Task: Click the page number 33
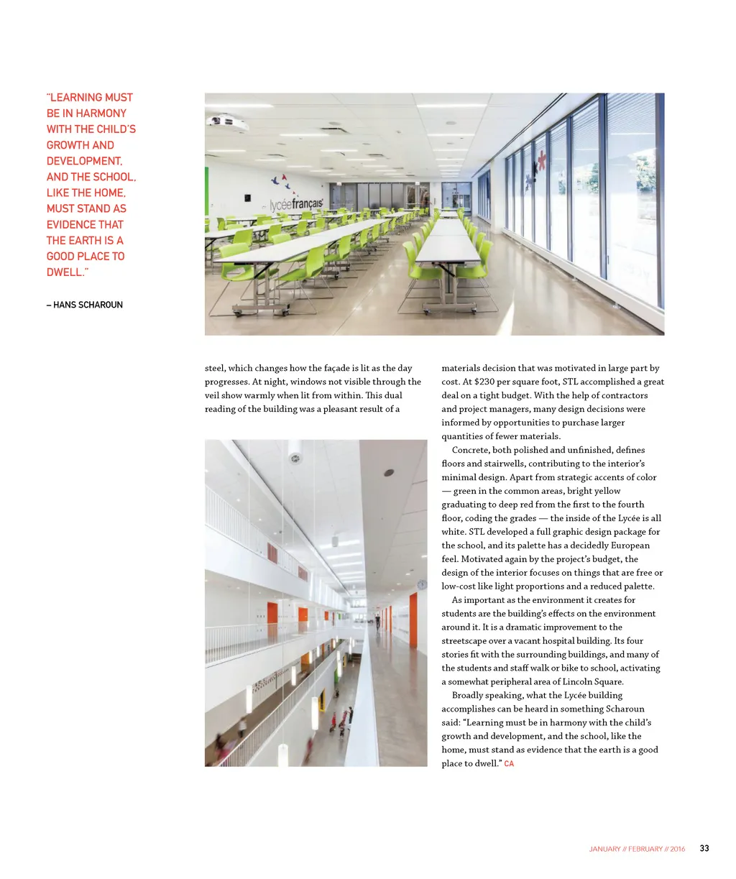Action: click(704, 848)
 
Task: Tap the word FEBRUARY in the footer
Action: click(645, 849)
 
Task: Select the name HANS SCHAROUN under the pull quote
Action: click(88, 305)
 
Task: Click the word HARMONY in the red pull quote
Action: click(101, 113)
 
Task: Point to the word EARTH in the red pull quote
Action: click(96, 240)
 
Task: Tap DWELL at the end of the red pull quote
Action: click(64, 272)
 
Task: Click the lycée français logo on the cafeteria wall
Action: click(295, 205)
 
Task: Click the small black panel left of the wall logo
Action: click(247, 196)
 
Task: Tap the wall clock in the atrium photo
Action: click(421, 584)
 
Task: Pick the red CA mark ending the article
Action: click(509, 763)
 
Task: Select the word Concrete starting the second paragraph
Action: click(470, 450)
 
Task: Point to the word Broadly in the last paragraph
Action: click(469, 695)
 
